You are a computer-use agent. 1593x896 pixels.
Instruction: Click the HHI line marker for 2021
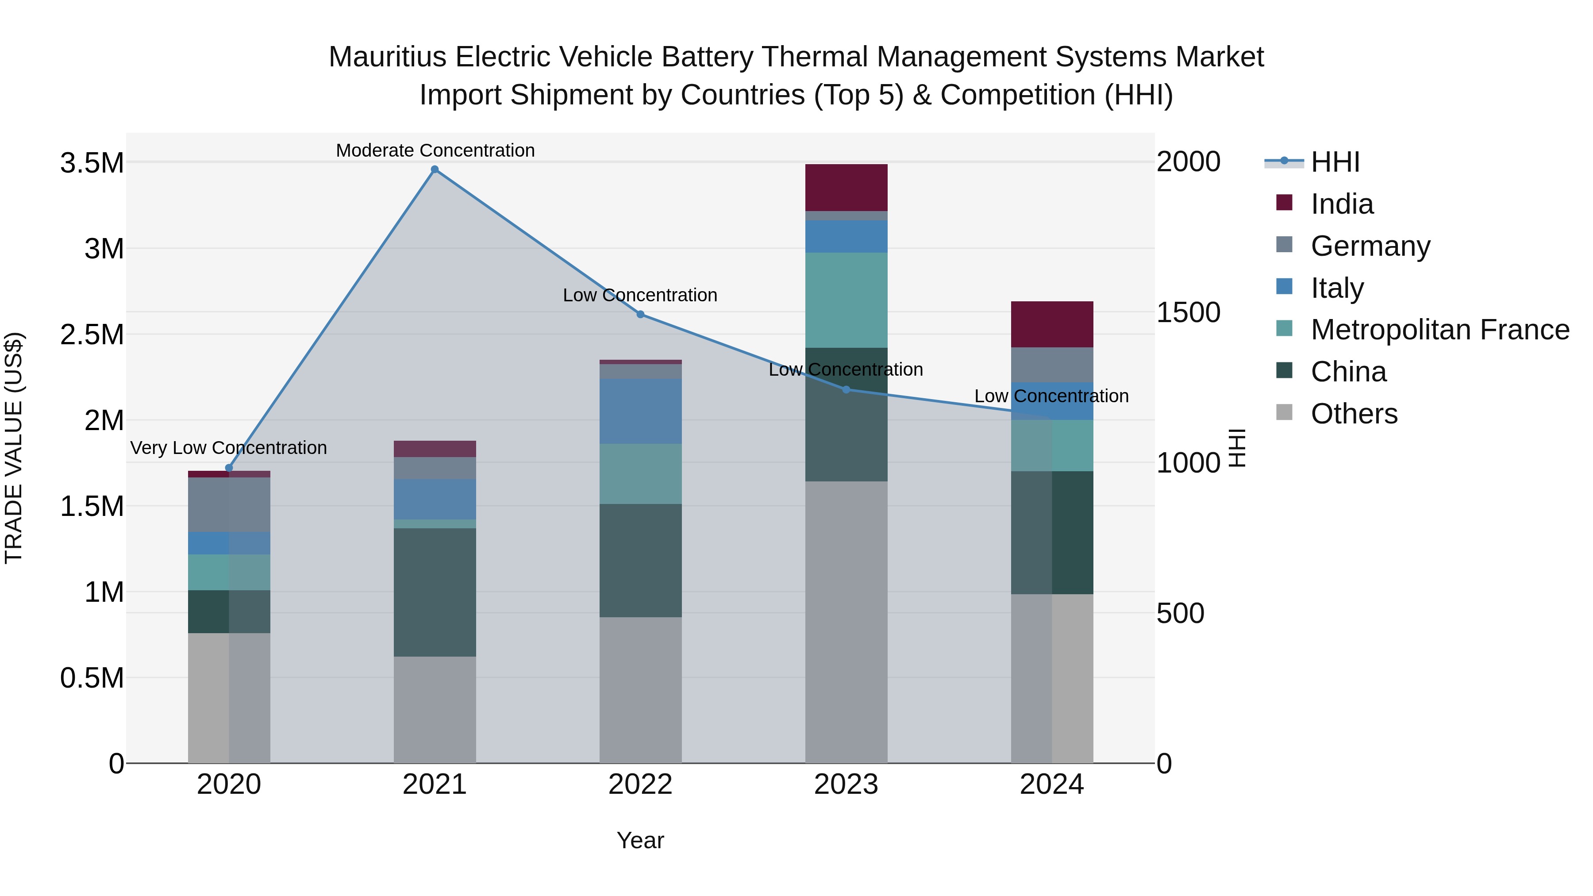(x=435, y=169)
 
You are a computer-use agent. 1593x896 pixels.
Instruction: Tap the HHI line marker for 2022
(x=641, y=314)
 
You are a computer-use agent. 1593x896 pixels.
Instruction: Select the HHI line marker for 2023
(x=847, y=389)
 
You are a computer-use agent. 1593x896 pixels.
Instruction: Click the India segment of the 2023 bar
(x=846, y=187)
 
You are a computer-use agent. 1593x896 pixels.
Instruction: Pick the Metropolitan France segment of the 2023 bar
(x=846, y=300)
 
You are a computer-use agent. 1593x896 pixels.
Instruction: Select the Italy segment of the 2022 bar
(x=641, y=411)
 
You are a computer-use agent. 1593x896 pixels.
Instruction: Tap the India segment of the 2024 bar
(x=1052, y=324)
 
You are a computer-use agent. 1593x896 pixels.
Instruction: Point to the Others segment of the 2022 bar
(x=641, y=689)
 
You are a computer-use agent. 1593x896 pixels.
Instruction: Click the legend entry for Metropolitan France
(x=1439, y=330)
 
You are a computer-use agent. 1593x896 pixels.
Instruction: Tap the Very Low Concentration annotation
(x=229, y=448)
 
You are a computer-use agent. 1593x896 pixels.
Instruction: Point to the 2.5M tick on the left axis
(x=92, y=335)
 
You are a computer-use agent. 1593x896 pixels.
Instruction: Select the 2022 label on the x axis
(x=641, y=784)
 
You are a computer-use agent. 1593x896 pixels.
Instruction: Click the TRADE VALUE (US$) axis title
(x=14, y=448)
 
